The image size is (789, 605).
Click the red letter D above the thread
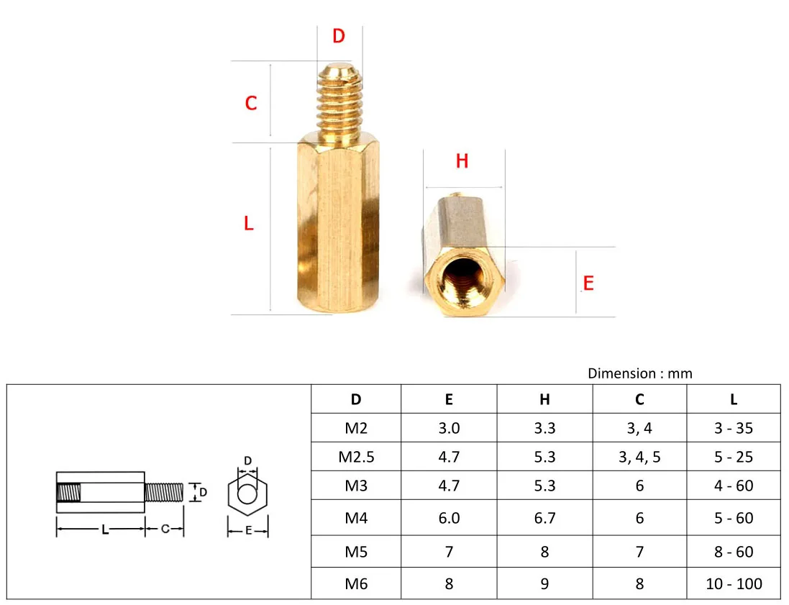tap(339, 36)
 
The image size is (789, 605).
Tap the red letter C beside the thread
tap(250, 104)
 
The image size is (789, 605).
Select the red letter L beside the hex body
tap(249, 224)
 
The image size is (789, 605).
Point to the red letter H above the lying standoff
tap(462, 162)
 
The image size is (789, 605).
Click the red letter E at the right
tap(588, 283)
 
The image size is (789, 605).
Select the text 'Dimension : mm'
tap(639, 373)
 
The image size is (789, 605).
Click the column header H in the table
tap(544, 400)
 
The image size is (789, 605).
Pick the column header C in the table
tap(639, 400)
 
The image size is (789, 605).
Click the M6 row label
tap(356, 583)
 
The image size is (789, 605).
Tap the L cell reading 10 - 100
tap(734, 583)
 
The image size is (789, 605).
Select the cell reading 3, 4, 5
tap(639, 457)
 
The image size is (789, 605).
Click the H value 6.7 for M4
tap(544, 518)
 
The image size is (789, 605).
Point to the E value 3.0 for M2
tap(449, 428)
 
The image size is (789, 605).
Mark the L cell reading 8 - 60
tap(734, 552)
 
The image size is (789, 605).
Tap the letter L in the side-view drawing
tap(105, 530)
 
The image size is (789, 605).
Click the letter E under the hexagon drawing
tap(248, 532)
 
